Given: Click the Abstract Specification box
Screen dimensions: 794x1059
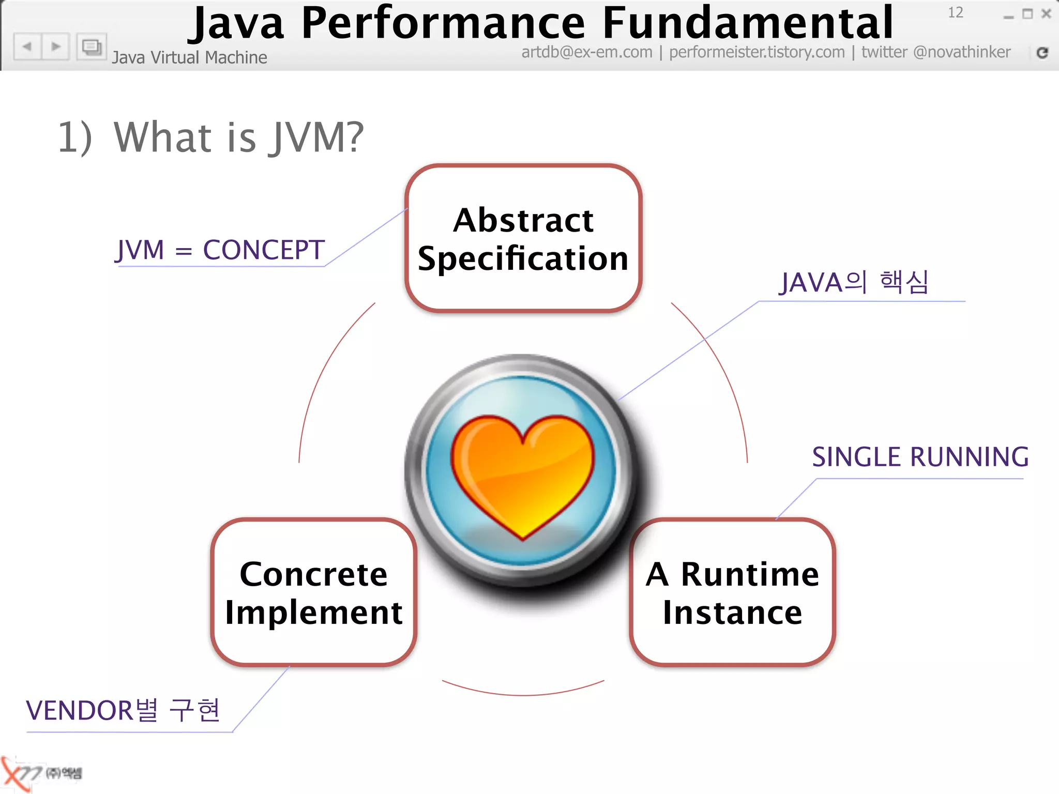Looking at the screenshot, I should tap(523, 239).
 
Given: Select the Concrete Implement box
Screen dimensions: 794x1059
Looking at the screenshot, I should tap(314, 592).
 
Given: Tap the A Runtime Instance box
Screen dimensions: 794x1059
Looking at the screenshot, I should tap(732, 592).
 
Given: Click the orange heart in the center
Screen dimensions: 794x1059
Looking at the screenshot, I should tap(522, 473).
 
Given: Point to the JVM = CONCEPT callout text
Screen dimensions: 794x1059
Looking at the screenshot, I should tap(220, 250).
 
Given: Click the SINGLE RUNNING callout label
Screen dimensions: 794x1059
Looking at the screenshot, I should tap(920, 457).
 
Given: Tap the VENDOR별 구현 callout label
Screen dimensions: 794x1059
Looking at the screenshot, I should tap(123, 710).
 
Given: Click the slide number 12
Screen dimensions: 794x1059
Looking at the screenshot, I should tap(955, 12).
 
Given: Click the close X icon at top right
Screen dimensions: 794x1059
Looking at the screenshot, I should tap(1046, 14).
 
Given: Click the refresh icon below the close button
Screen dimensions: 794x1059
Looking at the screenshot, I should tap(1042, 52).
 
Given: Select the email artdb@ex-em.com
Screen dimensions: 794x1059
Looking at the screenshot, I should tap(587, 52).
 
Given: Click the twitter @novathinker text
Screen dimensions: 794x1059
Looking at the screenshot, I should tap(935, 52).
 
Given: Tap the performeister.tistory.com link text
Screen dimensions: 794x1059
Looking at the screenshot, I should tap(757, 52).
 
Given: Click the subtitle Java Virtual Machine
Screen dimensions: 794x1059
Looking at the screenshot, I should tap(189, 57).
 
